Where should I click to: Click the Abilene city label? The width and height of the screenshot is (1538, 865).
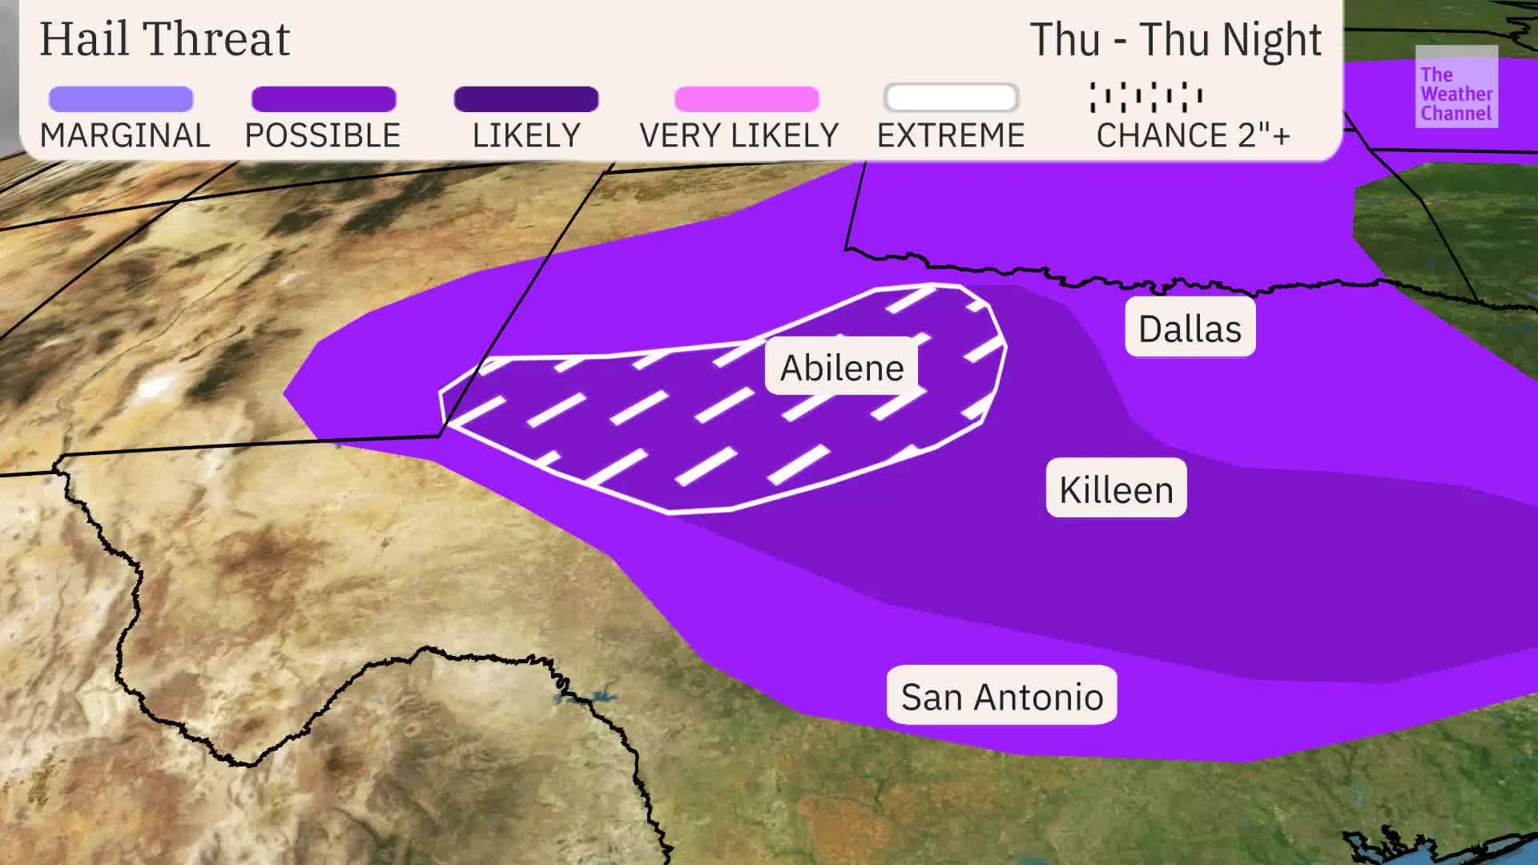(841, 368)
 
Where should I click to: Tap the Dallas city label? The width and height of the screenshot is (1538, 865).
(1190, 328)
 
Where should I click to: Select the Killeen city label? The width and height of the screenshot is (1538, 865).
(1116, 489)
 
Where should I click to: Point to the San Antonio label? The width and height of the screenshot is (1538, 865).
(1001, 696)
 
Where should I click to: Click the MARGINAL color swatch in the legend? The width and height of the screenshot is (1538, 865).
(121, 99)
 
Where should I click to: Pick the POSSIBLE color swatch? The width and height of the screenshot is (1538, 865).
(324, 99)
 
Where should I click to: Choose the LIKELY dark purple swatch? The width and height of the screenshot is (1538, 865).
(526, 99)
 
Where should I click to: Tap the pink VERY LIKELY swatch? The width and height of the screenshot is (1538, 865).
(747, 99)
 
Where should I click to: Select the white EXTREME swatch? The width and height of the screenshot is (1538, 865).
(951, 99)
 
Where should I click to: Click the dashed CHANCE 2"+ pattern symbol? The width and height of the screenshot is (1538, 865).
(1145, 97)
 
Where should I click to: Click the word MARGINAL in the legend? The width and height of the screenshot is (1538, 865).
(125, 135)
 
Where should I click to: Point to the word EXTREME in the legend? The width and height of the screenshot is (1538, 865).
(951, 135)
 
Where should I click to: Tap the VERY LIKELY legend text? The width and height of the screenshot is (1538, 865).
(739, 135)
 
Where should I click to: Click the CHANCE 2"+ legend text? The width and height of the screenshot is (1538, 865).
(1193, 135)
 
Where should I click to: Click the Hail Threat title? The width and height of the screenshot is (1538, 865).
(164, 38)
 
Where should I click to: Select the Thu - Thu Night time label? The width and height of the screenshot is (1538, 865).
(1174, 38)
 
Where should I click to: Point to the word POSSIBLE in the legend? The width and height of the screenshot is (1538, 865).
(323, 135)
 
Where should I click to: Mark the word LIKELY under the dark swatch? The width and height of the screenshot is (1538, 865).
(526, 135)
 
